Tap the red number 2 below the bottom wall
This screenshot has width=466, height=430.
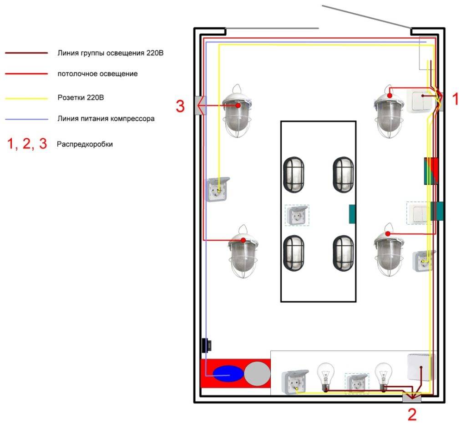tap(411, 414)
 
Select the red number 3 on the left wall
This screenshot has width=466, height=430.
tap(181, 106)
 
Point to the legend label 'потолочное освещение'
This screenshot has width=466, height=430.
tap(97, 73)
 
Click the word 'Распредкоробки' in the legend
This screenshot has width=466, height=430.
tap(85, 144)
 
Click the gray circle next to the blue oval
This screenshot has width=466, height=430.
tap(257, 374)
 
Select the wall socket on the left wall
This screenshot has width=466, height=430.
tap(218, 189)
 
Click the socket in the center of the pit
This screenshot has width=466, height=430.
tap(297, 215)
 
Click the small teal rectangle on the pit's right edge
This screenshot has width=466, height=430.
tap(352, 214)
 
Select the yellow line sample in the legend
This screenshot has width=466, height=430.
tap(26, 98)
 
